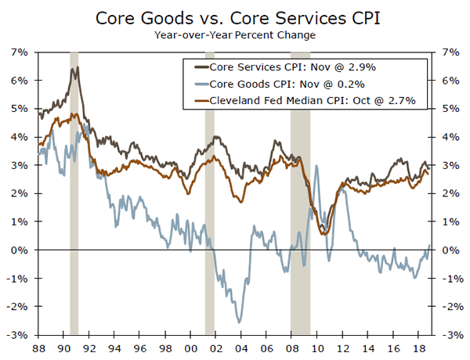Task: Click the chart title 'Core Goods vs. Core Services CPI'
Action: click(x=234, y=17)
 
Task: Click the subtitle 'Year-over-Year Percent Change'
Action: click(x=234, y=34)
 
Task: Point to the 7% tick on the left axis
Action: click(x=20, y=52)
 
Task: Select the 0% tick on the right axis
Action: click(x=450, y=250)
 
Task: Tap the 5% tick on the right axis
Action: click(x=450, y=108)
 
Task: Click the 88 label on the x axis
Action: click(x=38, y=347)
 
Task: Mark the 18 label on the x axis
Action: click(x=421, y=347)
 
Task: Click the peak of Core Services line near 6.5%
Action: click(x=74, y=68)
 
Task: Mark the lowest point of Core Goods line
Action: click(x=239, y=322)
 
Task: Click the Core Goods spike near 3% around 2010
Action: click(x=316, y=166)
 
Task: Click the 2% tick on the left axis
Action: click(x=20, y=193)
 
